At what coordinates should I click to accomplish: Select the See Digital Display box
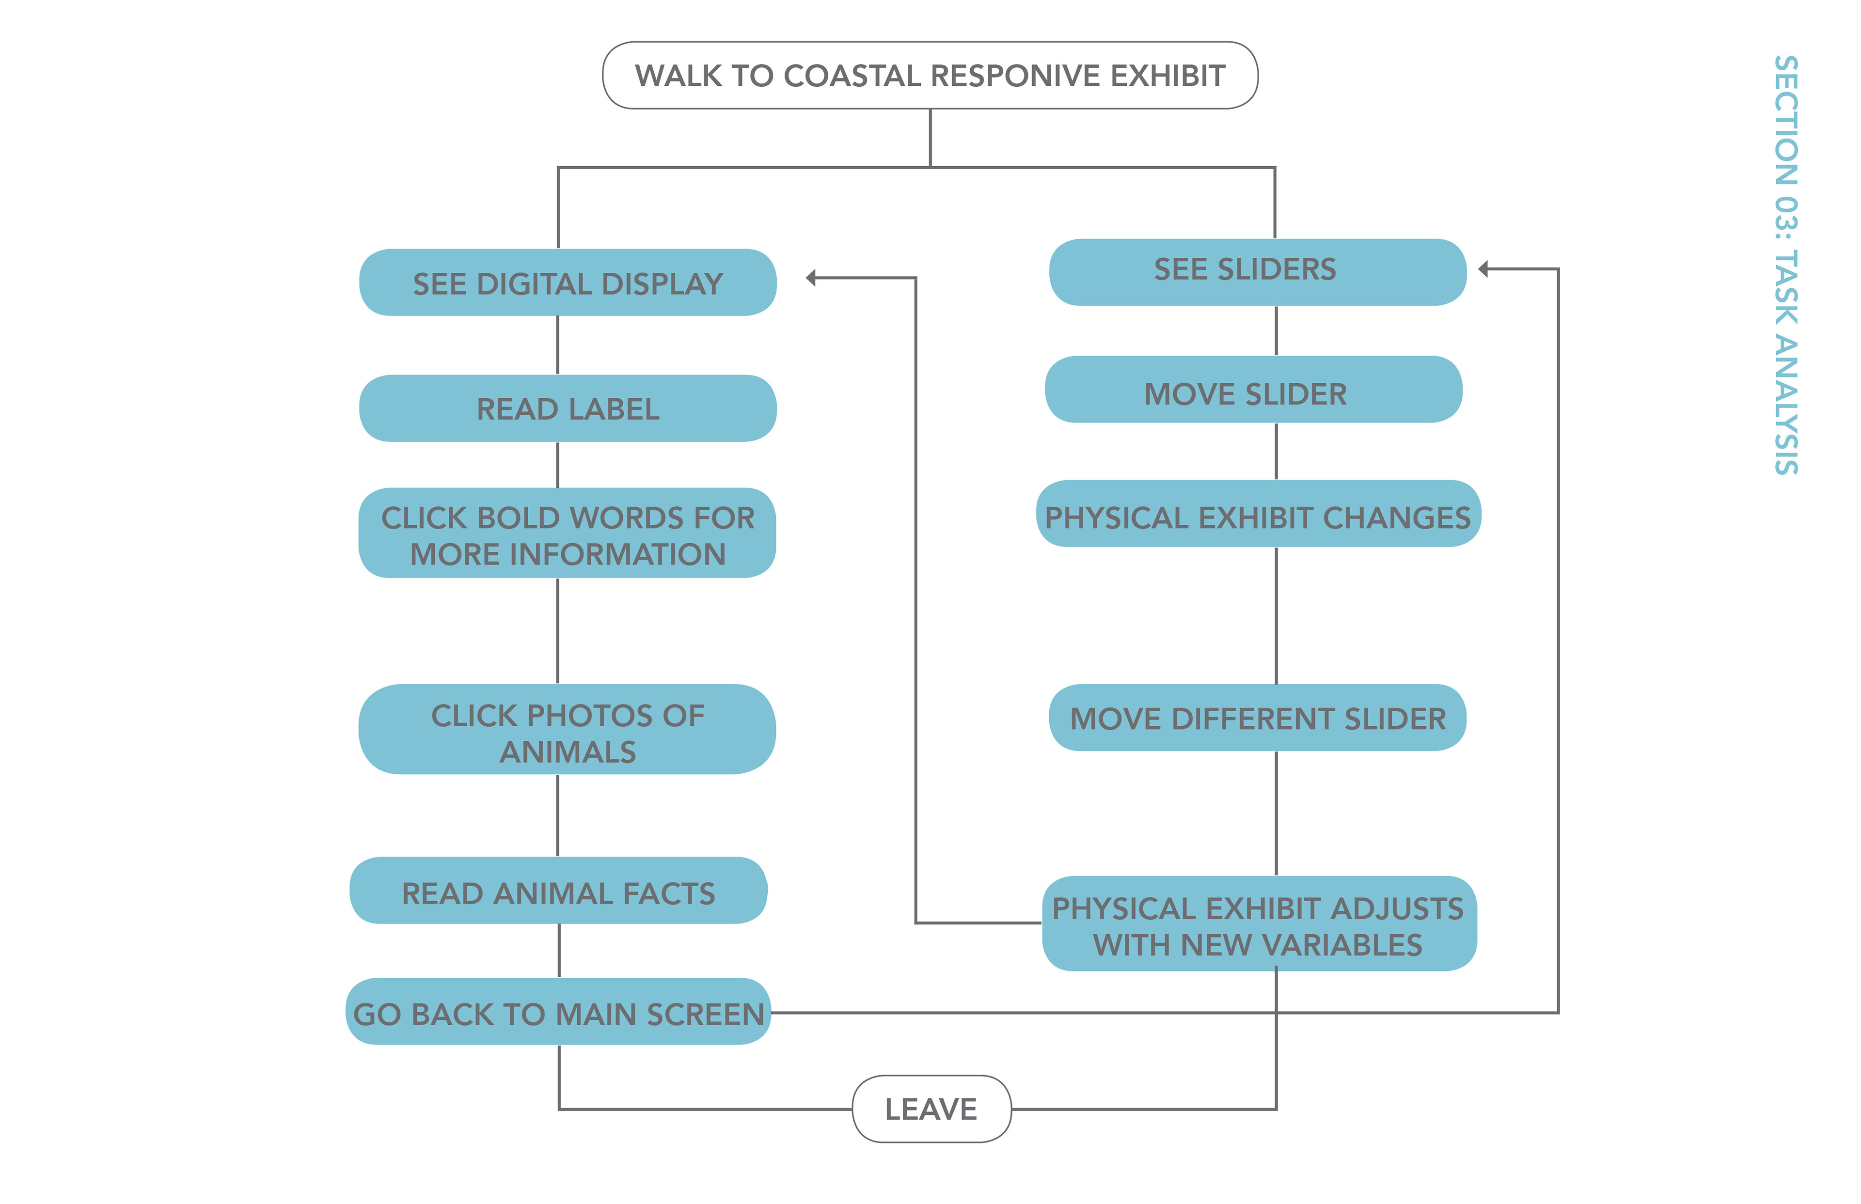pyautogui.click(x=568, y=283)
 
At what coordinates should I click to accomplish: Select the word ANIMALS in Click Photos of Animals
pyautogui.click(x=568, y=752)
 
